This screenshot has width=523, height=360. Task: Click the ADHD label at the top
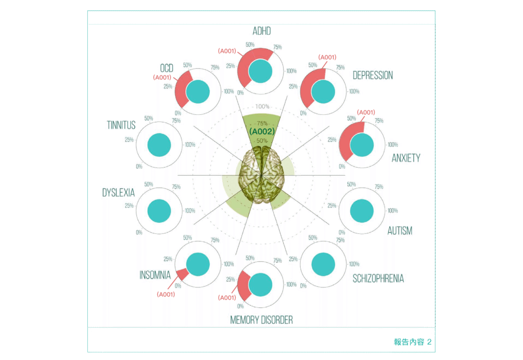coord(261,32)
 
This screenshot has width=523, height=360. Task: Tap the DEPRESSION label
coord(373,76)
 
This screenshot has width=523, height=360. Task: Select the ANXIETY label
coord(406,158)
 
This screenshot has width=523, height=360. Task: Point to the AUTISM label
coord(399,231)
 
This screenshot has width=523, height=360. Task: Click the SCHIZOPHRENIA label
coord(378,278)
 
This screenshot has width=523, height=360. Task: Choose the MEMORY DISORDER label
coord(261,320)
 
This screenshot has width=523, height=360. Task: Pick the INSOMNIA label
coord(155,275)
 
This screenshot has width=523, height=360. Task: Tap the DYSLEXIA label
coord(118,193)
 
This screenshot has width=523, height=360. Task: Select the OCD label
coord(167,68)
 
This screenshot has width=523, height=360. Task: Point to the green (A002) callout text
coord(262,132)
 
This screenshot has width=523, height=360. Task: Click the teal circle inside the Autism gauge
coord(363,210)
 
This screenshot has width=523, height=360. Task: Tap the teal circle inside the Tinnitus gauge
coord(159,144)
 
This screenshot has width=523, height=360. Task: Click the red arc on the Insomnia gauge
coord(182,273)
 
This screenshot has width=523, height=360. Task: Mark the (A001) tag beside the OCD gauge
coord(162,78)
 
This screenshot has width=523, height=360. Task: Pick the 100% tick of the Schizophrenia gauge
coord(354,265)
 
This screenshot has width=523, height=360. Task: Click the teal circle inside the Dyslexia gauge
coord(159,210)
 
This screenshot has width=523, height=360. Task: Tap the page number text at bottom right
coord(413,342)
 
